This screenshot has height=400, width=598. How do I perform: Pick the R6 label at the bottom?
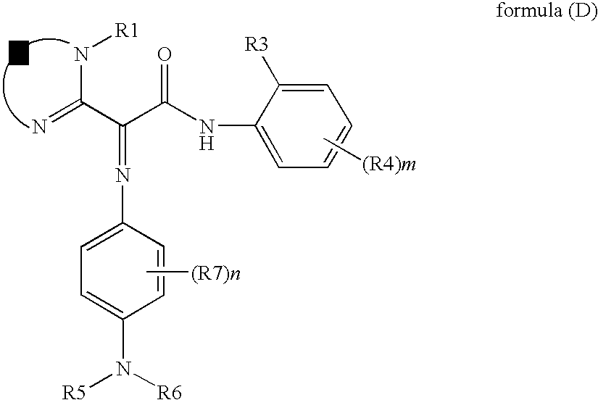pos(170,391)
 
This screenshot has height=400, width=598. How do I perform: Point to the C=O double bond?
pos(167,83)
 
